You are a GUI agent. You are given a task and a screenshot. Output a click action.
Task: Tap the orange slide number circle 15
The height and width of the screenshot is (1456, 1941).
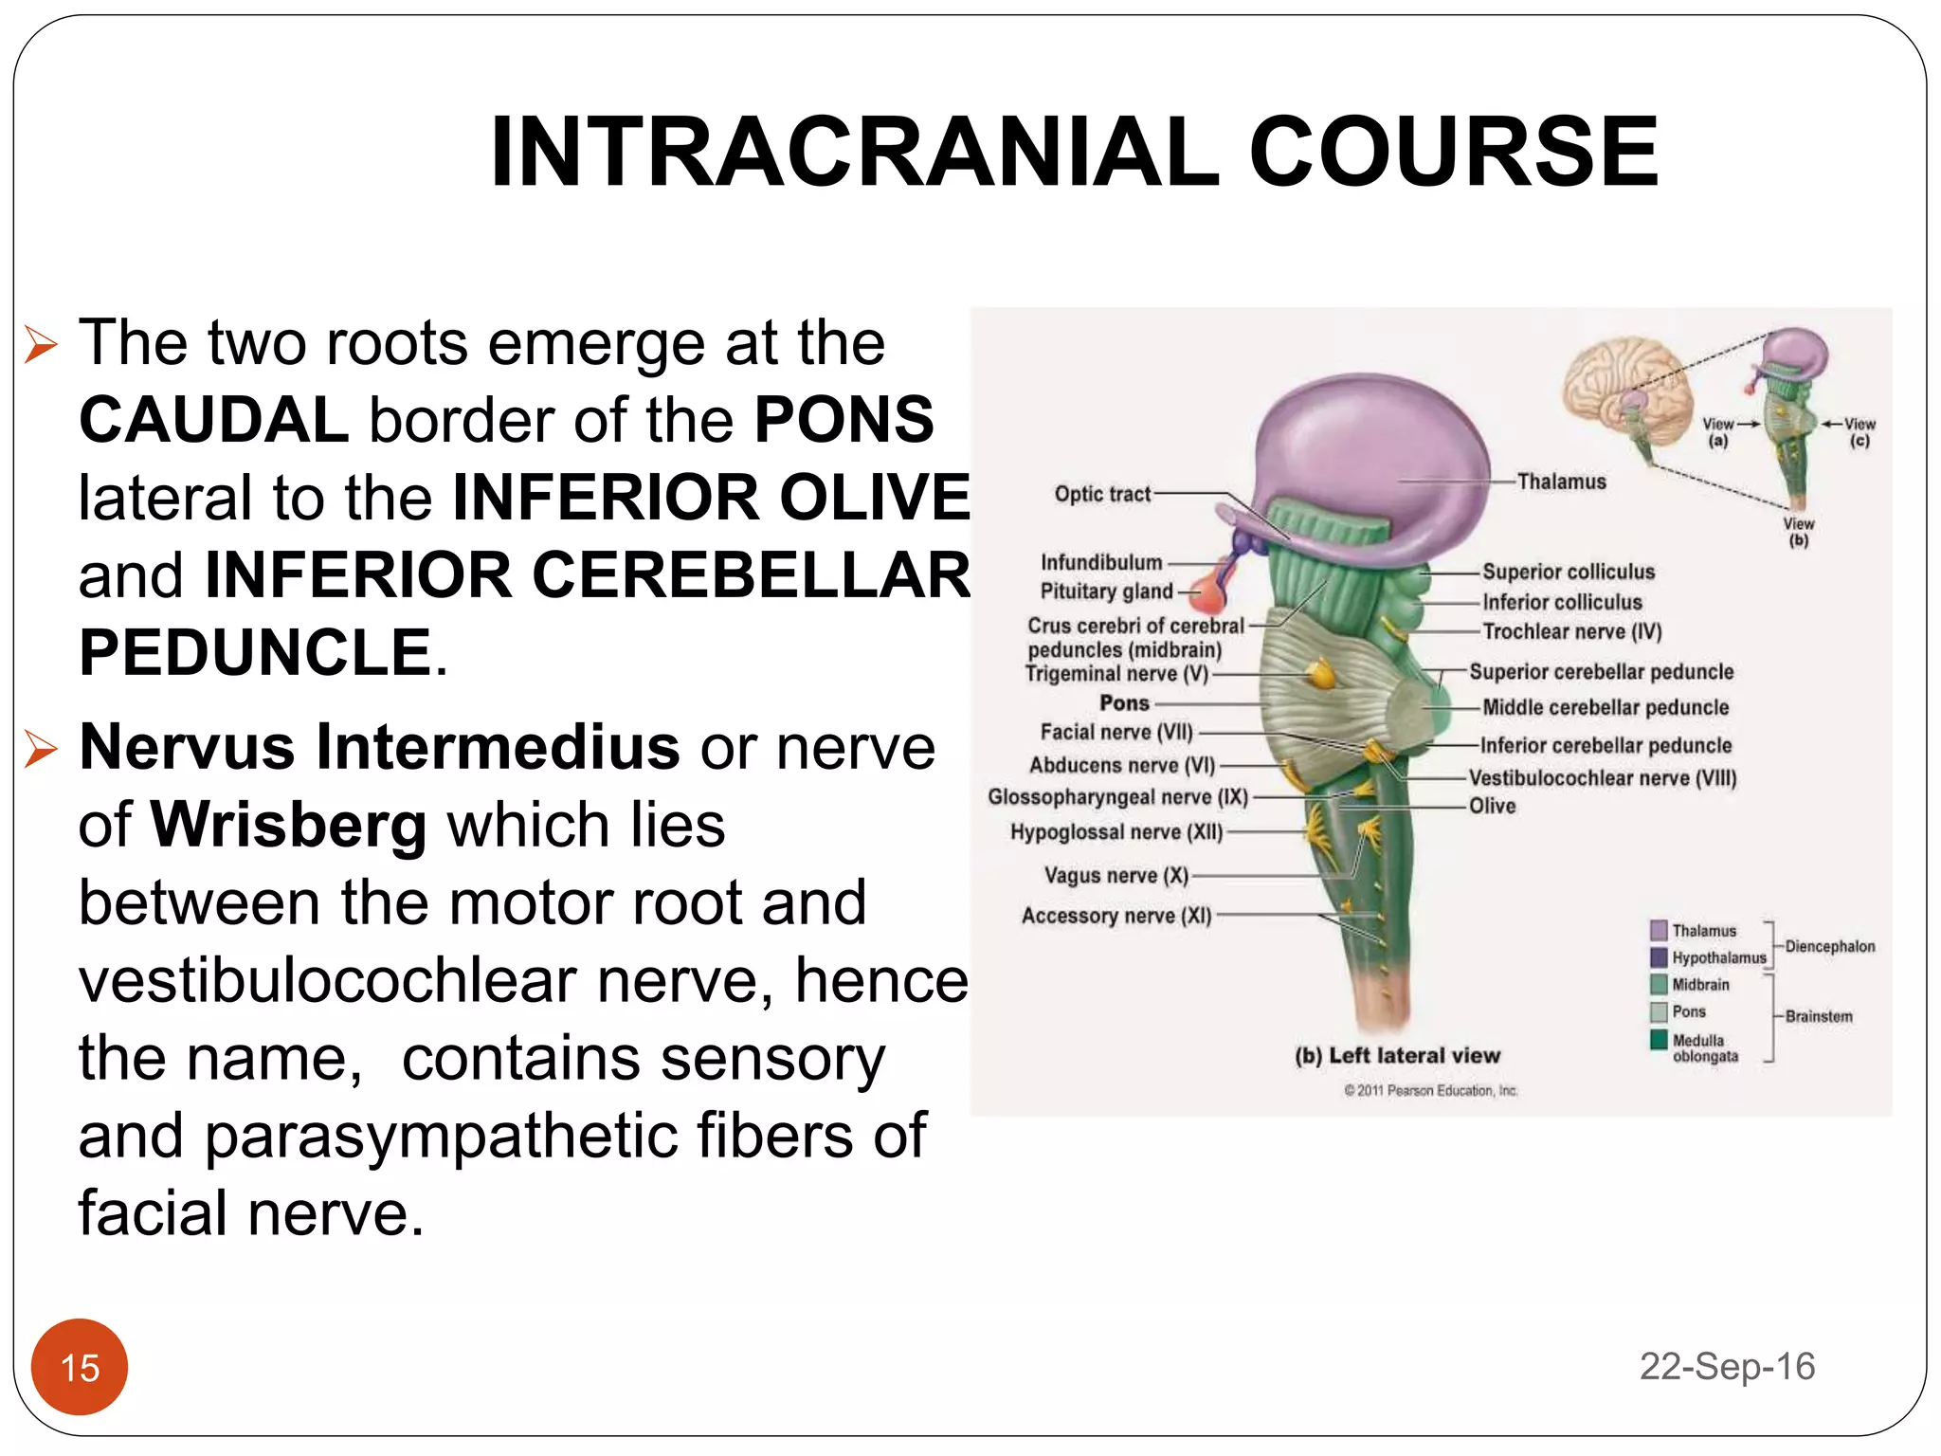pyautogui.click(x=80, y=1367)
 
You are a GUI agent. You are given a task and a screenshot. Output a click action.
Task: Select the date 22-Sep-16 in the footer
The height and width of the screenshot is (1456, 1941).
pyautogui.click(x=1727, y=1366)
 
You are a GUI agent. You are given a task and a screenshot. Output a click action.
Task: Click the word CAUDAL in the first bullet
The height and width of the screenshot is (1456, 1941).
pyautogui.click(x=214, y=420)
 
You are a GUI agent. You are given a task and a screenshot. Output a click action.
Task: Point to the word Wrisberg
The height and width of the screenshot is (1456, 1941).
pyautogui.click(x=289, y=825)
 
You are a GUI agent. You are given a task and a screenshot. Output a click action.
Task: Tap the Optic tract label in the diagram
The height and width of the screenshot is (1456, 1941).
pyautogui.click(x=1102, y=494)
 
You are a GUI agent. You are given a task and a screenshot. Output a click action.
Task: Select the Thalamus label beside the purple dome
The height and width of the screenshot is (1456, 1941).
pyautogui.click(x=1561, y=482)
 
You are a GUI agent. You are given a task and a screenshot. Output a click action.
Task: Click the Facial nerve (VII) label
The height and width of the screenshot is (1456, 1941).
pyautogui.click(x=1116, y=732)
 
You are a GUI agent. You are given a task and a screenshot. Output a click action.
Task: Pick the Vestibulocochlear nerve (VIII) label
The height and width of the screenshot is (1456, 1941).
pyautogui.click(x=1603, y=778)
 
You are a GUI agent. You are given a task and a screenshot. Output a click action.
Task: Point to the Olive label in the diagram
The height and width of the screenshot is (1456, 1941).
pyautogui.click(x=1492, y=807)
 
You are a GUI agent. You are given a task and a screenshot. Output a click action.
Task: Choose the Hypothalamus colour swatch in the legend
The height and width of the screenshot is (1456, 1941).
pyautogui.click(x=1659, y=957)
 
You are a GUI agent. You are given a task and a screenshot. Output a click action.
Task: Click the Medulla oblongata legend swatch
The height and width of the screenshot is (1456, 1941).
pyautogui.click(x=1659, y=1040)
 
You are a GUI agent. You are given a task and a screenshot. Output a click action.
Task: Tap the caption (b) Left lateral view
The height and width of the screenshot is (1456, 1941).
pyautogui.click(x=1397, y=1055)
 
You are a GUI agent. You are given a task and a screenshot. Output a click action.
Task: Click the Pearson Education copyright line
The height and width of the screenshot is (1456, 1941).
pyautogui.click(x=1430, y=1091)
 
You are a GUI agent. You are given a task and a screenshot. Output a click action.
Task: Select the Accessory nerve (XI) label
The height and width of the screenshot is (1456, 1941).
pyautogui.click(x=1116, y=916)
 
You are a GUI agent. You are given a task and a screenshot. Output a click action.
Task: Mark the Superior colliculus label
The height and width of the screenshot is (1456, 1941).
pyautogui.click(x=1569, y=572)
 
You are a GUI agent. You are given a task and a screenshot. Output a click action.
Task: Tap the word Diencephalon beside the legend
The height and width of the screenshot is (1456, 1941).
pyautogui.click(x=1829, y=946)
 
